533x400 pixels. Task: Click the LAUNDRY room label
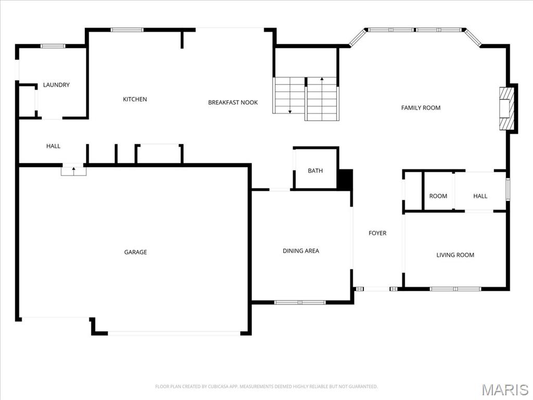coord(56,85)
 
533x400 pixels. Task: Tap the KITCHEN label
coord(135,99)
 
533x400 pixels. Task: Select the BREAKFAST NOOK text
coord(233,103)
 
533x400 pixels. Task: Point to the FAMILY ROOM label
coord(421,108)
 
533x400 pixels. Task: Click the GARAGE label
coord(135,252)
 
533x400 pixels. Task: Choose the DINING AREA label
coord(301,251)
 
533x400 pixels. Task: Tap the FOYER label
coord(377,233)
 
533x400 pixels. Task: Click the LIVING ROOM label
coord(455,255)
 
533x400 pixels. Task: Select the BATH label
coord(315,171)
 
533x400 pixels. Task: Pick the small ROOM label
coord(438,196)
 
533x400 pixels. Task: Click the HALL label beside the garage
coord(53,146)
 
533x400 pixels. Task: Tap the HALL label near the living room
coord(480,196)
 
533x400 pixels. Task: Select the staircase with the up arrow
coord(322,98)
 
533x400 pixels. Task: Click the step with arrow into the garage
coord(73,170)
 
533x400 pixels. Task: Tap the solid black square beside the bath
coord(345,180)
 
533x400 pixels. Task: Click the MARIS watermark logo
coord(504,390)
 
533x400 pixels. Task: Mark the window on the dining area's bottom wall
coord(300,302)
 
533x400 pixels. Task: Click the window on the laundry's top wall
coord(53,46)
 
